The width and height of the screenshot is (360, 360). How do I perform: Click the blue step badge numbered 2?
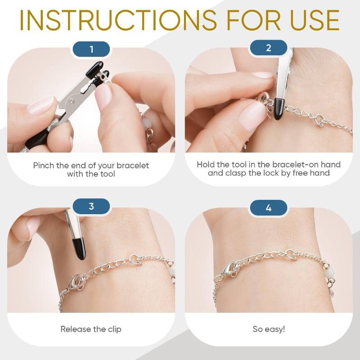[x=268, y=48]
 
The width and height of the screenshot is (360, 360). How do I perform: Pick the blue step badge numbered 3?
[x=91, y=207]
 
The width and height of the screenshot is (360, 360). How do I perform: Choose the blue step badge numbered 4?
[x=268, y=208]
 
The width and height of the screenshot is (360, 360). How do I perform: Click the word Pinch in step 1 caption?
[x=44, y=166]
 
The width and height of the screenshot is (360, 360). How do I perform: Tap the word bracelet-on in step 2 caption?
[x=294, y=165]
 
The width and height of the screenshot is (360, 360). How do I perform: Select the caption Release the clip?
[x=91, y=329]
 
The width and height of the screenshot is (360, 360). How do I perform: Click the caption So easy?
[x=269, y=329]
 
